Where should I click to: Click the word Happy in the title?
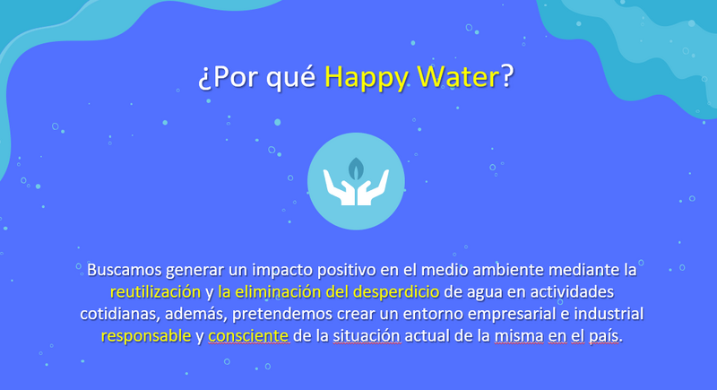[366, 77]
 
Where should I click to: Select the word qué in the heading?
[290, 77]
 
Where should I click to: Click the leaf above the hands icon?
[356, 169]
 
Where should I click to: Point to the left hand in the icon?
[339, 187]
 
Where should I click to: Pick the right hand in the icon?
[373, 187]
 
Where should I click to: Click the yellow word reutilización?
[155, 291]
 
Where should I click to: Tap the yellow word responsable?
[146, 336]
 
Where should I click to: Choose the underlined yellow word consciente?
[248, 336]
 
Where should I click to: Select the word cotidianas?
[120, 314]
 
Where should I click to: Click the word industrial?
[609, 314]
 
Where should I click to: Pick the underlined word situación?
[367, 336]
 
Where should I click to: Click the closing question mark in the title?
[507, 76]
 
